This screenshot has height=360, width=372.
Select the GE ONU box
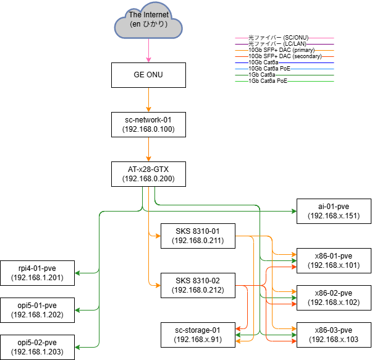click(x=148, y=74)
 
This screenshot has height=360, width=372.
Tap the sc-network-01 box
click(x=148, y=124)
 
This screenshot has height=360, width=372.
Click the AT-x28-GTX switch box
click(x=148, y=174)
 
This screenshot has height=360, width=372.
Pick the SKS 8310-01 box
click(x=197, y=236)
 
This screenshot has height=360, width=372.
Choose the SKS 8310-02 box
click(x=197, y=285)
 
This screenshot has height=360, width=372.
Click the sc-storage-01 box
click(x=197, y=335)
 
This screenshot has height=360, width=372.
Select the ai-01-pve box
click(x=334, y=211)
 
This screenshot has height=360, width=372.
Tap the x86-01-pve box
click(x=334, y=260)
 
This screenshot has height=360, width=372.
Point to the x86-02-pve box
click(x=334, y=298)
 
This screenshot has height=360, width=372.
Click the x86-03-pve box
click(x=334, y=335)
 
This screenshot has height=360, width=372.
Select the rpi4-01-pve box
click(x=37, y=273)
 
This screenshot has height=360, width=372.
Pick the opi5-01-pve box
click(x=37, y=310)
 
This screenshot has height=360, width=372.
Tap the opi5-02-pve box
click(x=37, y=347)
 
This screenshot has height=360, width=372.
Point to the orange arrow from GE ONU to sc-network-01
click(x=148, y=99)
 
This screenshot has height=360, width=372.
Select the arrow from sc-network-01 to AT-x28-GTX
click(x=148, y=148)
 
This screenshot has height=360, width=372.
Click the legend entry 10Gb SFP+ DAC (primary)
click(x=281, y=50)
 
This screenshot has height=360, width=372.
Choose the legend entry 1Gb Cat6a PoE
click(x=268, y=81)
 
